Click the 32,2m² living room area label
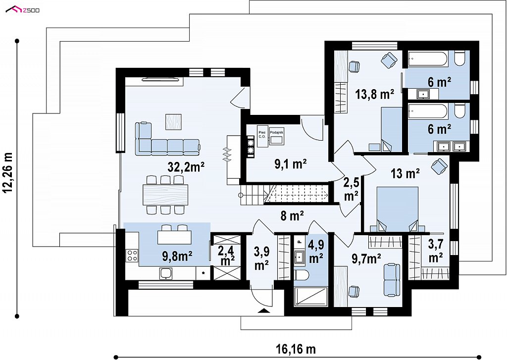186,167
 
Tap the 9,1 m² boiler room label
290,164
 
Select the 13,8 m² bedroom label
375,95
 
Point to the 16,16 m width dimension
296,349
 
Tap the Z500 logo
23,10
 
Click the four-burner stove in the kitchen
132,255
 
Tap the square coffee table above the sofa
173,122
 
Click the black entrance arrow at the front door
264,311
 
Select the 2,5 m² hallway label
351,189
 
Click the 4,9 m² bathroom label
316,252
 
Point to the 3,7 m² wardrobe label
436,251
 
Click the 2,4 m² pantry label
226,255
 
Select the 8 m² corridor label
292,215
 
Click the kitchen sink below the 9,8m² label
165,274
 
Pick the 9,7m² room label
366,258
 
